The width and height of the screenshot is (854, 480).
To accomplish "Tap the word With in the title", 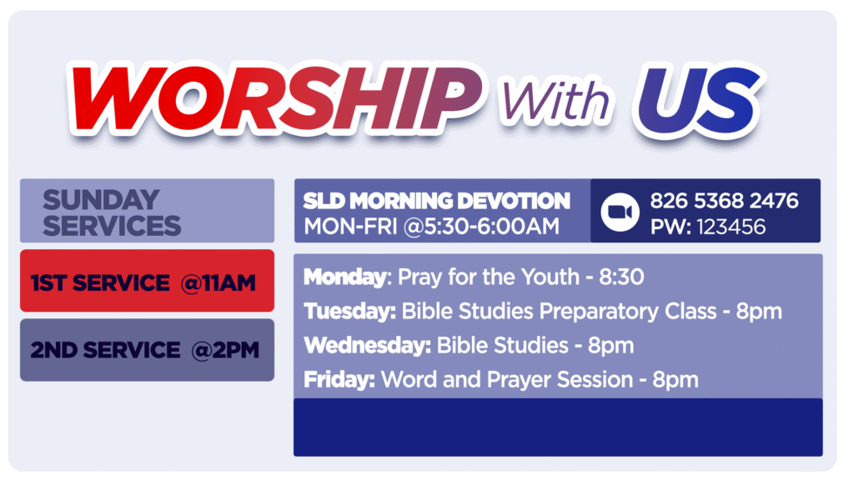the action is point(555,99).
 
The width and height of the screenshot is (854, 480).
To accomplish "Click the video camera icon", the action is point(620,212).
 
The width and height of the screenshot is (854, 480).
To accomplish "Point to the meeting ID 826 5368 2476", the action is point(725,201).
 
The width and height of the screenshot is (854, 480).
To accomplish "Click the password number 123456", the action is point(731,227).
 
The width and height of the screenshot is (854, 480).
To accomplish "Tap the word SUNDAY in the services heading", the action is point(101,200).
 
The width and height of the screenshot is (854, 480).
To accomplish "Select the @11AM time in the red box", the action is point(219,283).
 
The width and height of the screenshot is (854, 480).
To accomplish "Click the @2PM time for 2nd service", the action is point(225,350).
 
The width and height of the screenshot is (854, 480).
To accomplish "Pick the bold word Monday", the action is point(345,277).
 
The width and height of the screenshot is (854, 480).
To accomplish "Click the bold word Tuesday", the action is point(349,312).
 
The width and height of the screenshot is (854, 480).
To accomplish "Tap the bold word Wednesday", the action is point(368,346).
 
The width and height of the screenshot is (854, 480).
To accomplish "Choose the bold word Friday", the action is point(339,380).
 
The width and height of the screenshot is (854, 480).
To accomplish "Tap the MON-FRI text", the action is point(350,227).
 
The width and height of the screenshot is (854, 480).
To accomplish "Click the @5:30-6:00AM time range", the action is point(481,227).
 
